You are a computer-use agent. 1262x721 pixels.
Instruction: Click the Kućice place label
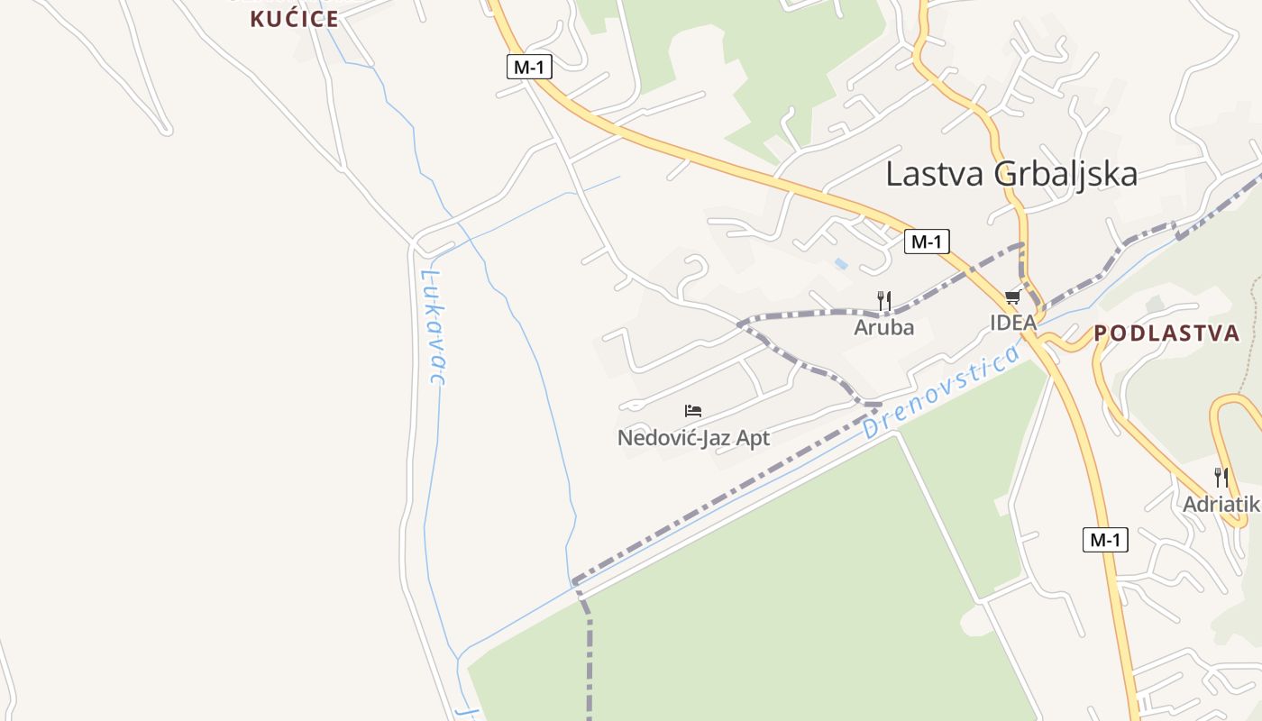point(294,19)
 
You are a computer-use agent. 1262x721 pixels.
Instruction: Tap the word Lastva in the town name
point(935,173)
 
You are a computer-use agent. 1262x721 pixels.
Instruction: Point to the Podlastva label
point(1167,333)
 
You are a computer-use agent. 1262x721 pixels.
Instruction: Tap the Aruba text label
point(883,327)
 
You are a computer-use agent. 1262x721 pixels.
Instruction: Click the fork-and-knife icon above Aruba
point(884,300)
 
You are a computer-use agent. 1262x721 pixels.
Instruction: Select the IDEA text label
point(1013,322)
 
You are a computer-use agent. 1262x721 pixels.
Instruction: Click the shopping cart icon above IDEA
point(1012,297)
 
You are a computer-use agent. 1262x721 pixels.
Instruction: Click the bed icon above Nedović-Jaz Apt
point(692,411)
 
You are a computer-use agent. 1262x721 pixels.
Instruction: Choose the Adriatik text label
point(1221,504)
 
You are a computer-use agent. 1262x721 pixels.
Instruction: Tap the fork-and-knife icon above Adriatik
point(1221,477)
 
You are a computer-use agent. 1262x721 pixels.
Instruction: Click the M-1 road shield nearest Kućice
point(529,67)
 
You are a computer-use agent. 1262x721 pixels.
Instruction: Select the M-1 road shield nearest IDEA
point(927,242)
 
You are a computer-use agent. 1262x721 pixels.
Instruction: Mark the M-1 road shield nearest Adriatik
point(1105,540)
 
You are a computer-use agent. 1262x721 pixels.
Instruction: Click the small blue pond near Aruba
point(841,263)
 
